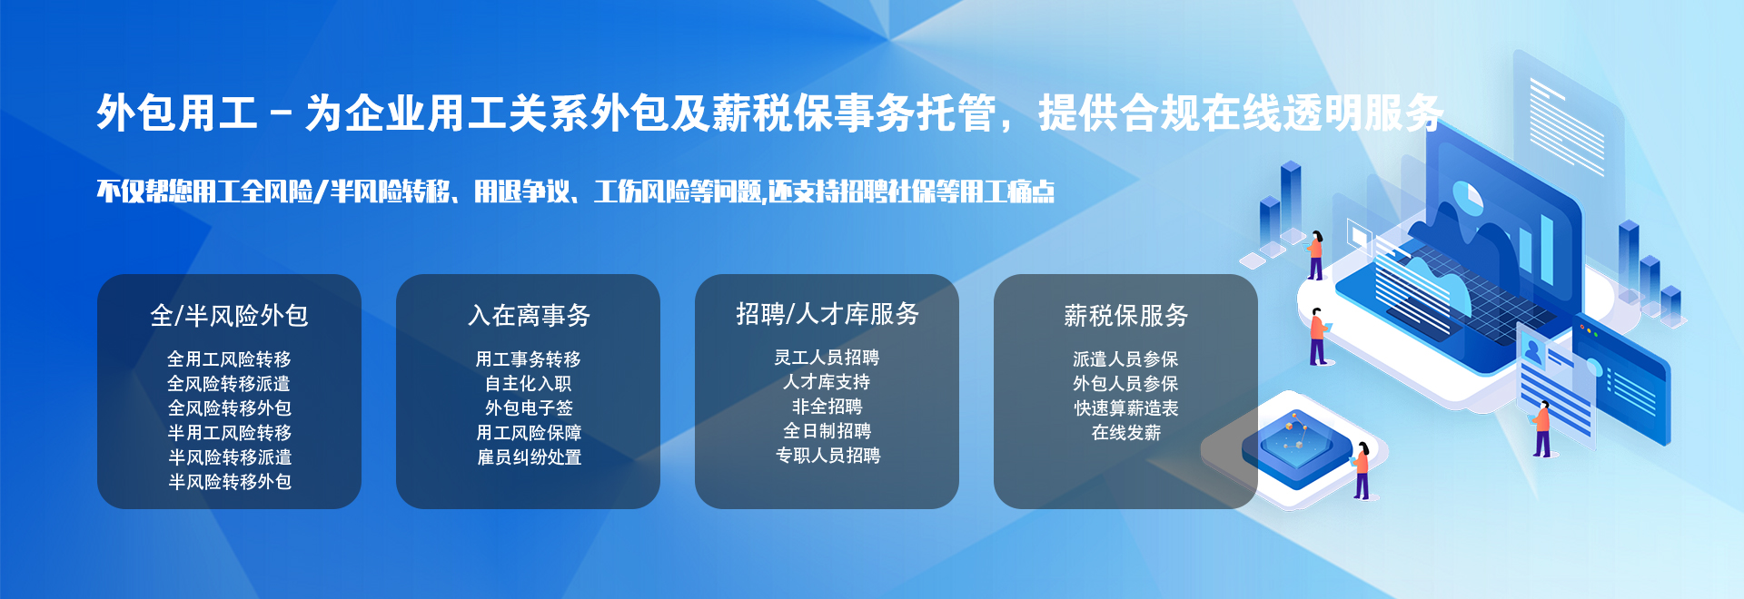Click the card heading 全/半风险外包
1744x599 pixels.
point(229,316)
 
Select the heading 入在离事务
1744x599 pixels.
point(529,316)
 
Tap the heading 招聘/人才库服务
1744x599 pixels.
point(827,314)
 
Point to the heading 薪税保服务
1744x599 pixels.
point(1125,316)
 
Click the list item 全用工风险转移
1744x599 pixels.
point(229,359)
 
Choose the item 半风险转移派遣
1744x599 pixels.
point(229,457)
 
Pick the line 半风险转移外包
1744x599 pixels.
point(229,482)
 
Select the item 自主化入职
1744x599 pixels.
point(529,384)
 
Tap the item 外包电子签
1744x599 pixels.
point(529,408)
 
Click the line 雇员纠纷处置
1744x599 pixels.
point(529,457)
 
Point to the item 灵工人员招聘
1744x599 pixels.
point(827,358)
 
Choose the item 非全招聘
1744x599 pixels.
point(827,407)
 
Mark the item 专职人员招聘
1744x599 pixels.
point(827,456)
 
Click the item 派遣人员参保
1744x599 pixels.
point(1125,359)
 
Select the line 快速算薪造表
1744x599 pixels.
point(1125,408)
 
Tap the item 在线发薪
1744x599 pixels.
point(1125,433)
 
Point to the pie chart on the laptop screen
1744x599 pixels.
point(1467,196)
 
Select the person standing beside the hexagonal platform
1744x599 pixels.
point(1361,470)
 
